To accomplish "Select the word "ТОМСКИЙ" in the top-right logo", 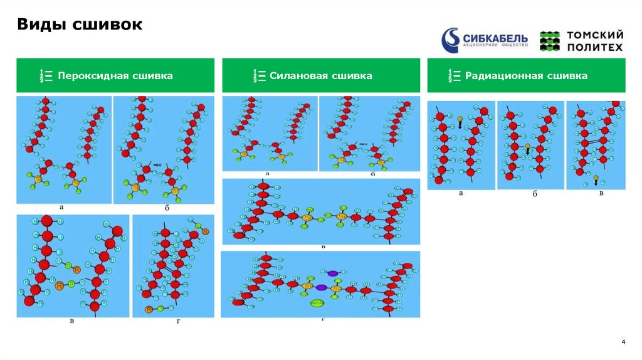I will point(595,35).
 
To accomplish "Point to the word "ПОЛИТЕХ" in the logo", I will point(595,47).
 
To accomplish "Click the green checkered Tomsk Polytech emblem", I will point(550,41).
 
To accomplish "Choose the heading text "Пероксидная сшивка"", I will point(115,76).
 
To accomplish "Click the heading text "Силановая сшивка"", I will point(321,76).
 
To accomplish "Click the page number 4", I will point(623,342).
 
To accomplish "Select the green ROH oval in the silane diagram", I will point(318,304).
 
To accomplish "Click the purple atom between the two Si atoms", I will point(322,287).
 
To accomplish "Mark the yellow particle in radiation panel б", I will point(528,147).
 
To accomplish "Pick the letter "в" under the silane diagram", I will point(322,246).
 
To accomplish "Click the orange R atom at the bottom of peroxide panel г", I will point(149,309).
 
